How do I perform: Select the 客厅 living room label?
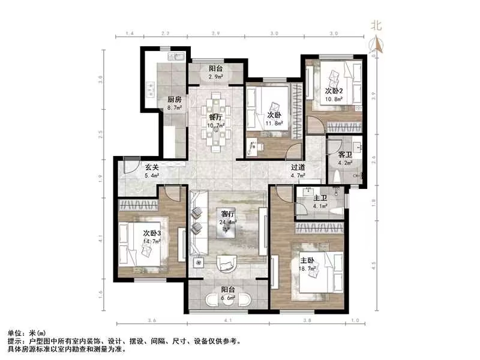click(x=227, y=213)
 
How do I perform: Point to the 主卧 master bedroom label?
click(x=307, y=260)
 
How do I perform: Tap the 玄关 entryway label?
click(x=152, y=168)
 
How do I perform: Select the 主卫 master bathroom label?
click(x=319, y=199)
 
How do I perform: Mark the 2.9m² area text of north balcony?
click(x=215, y=77)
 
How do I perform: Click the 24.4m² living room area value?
click(x=227, y=221)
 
